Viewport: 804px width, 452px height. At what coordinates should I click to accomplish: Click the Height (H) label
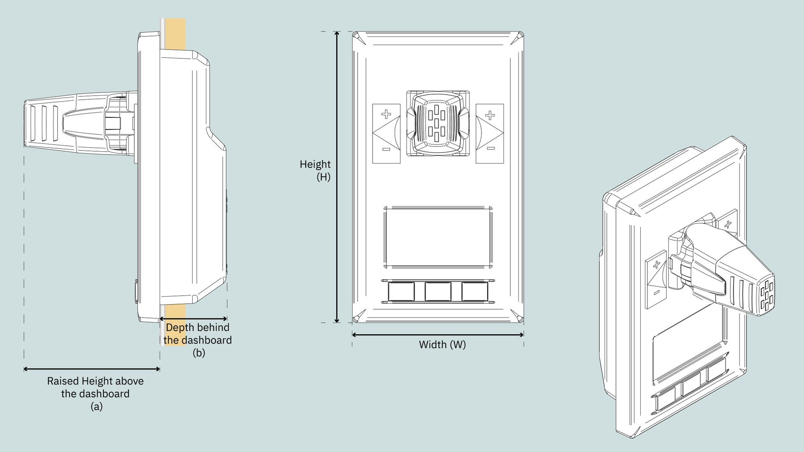pyautogui.click(x=315, y=170)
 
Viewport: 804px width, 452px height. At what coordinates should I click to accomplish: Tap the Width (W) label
pyautogui.click(x=442, y=345)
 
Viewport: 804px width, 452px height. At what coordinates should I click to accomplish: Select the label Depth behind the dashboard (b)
pyautogui.click(x=198, y=340)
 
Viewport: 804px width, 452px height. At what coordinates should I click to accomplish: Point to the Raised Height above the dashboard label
pyautogui.click(x=95, y=387)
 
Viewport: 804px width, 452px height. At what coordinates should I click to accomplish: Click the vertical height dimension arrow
pyautogui.click(x=337, y=177)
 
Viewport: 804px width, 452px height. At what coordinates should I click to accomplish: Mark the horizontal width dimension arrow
pyautogui.click(x=438, y=335)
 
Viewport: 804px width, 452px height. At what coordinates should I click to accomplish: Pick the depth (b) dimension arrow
pyautogui.click(x=193, y=319)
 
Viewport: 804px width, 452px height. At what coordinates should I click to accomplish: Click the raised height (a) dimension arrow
pyautogui.click(x=92, y=369)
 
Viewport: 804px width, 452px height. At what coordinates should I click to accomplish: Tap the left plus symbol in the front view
pyautogui.click(x=386, y=114)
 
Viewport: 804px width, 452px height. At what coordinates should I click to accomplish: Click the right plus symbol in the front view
pyautogui.click(x=490, y=115)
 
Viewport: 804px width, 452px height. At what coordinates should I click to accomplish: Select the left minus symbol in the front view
pyautogui.click(x=386, y=149)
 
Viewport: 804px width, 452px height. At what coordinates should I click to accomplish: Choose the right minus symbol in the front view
pyautogui.click(x=491, y=148)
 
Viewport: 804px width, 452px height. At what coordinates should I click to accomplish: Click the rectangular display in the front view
pyautogui.click(x=438, y=237)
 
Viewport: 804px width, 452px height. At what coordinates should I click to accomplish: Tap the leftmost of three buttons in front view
pyautogui.click(x=401, y=292)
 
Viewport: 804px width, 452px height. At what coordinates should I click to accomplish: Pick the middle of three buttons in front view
pyautogui.click(x=438, y=292)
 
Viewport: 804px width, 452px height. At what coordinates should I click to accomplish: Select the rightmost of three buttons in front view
pyautogui.click(x=475, y=292)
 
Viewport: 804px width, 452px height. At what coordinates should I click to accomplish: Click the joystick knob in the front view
pyautogui.click(x=438, y=123)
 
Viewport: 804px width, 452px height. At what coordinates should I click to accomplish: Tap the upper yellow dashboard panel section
pyautogui.click(x=175, y=34)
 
